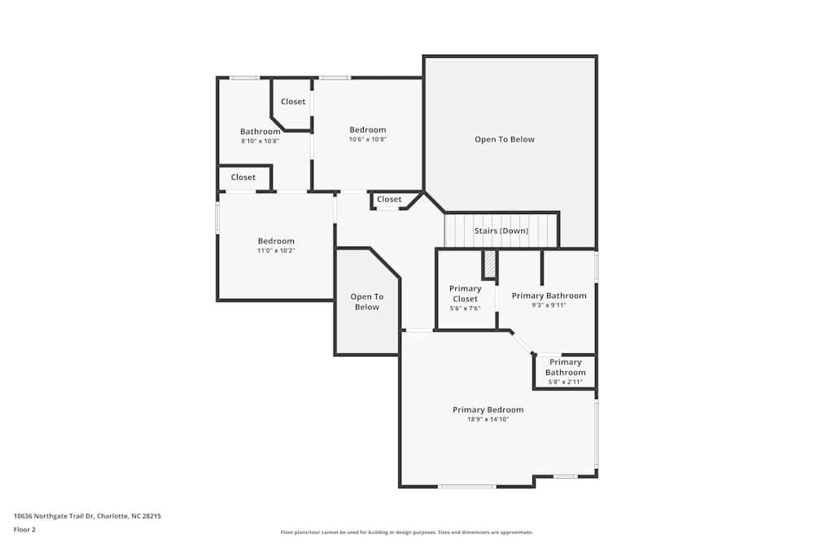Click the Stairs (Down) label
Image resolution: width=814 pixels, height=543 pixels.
pos(501,230)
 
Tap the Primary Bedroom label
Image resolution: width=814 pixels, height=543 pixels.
pos(488,409)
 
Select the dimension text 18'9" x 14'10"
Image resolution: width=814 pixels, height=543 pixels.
pos(488,419)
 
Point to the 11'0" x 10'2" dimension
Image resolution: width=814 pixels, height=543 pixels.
pos(276,251)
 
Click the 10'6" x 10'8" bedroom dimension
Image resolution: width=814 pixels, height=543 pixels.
pos(368,139)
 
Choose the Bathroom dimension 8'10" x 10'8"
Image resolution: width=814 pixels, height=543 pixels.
pos(260,141)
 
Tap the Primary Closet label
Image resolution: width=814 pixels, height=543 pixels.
pos(465,293)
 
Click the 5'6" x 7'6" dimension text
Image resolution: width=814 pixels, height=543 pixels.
pos(465,309)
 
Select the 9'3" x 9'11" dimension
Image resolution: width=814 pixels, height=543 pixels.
pos(549,305)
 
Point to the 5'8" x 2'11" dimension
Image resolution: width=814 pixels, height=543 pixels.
pos(566,382)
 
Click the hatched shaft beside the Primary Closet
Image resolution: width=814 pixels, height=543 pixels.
pos(489,265)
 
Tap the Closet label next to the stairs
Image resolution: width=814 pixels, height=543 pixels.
pos(389,199)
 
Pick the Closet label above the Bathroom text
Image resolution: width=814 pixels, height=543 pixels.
pos(293,102)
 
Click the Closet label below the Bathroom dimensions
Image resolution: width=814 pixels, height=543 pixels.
pos(243,177)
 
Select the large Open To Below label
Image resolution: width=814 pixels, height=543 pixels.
pos(505,139)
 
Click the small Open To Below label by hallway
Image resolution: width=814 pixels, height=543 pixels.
pos(367,301)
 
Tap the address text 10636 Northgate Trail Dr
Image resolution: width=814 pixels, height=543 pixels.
pos(54,516)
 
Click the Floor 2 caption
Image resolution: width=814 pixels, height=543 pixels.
pos(24,529)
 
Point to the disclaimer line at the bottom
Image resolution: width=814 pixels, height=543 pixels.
pos(406,532)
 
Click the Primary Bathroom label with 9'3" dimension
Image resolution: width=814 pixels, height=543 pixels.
pos(549,296)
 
